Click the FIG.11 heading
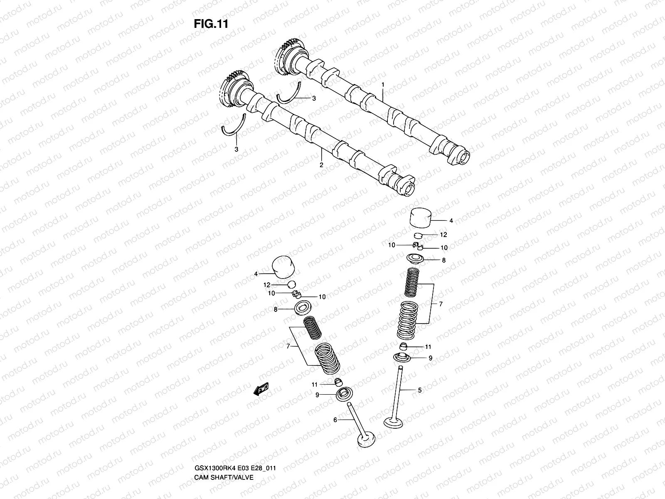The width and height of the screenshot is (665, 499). [211, 24]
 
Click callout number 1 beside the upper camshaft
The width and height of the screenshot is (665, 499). [383, 84]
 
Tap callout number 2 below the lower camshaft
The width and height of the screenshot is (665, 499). [321, 165]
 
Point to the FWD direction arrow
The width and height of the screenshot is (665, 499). [261, 390]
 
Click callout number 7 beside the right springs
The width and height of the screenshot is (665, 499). [441, 304]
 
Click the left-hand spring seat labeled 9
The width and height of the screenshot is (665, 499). [344, 393]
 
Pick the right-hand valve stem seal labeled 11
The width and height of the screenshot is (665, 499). [403, 346]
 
